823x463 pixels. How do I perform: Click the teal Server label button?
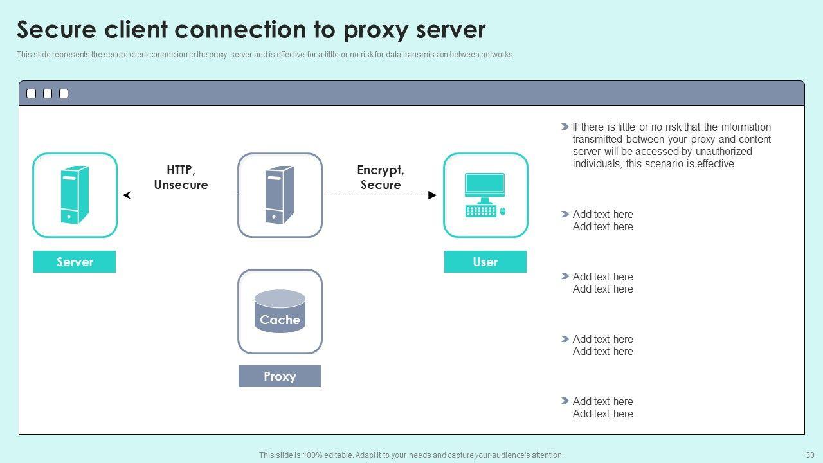click(x=75, y=262)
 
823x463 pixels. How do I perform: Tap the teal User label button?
click(x=485, y=262)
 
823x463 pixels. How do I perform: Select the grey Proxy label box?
click(x=279, y=376)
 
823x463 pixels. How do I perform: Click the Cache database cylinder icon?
click(x=280, y=311)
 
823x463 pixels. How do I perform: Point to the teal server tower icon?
click(x=75, y=195)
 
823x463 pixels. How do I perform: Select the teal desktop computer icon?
click(x=485, y=194)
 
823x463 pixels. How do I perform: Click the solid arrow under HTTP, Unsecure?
click(x=180, y=195)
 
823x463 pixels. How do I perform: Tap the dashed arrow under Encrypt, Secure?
click(x=382, y=195)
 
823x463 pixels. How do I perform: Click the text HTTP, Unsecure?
click(x=181, y=177)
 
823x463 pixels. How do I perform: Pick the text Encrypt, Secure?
click(x=381, y=177)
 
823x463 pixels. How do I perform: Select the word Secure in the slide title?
click(x=57, y=30)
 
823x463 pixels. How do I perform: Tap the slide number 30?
click(x=809, y=455)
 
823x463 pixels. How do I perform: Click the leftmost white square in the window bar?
click(x=31, y=94)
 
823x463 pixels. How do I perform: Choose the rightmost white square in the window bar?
click(x=64, y=94)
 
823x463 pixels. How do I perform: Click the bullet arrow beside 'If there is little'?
click(x=565, y=127)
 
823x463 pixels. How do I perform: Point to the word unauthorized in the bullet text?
click(x=722, y=152)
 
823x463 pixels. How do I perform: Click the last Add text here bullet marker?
click(x=565, y=401)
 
